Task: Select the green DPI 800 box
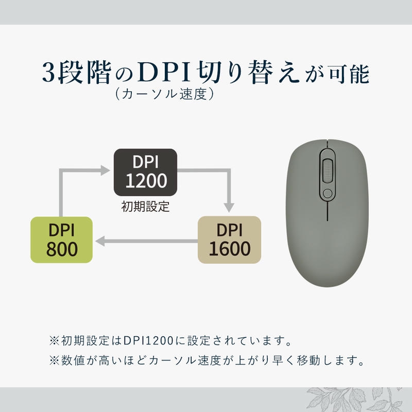[61, 240]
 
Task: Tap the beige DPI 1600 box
[230, 240]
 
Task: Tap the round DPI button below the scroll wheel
[327, 193]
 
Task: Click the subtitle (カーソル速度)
[161, 94]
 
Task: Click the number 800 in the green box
[61, 249]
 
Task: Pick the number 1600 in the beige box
[230, 249]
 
